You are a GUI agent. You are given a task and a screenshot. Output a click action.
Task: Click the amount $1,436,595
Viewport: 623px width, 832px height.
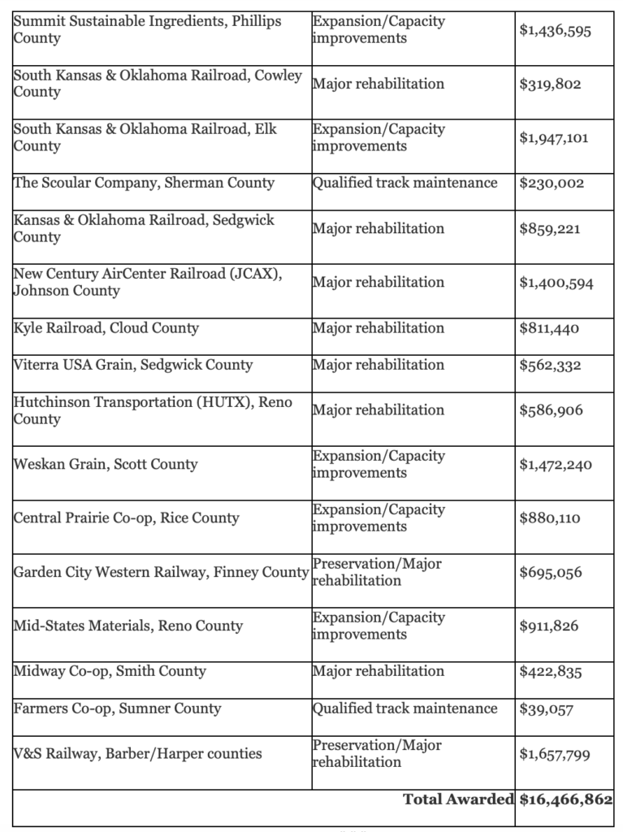point(556,31)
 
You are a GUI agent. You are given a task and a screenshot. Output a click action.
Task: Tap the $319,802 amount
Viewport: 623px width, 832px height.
point(550,84)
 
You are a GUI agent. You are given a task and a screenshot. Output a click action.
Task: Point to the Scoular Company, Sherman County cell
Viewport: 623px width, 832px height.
point(144,183)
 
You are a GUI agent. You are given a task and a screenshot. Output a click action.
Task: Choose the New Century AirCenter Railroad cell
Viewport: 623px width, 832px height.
point(147,283)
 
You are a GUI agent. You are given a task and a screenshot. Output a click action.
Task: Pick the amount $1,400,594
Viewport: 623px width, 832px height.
point(556,284)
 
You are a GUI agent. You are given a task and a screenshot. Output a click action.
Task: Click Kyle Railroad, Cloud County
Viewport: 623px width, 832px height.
point(106,328)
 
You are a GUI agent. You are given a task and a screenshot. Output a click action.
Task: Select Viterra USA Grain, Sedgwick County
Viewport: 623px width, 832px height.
point(132,365)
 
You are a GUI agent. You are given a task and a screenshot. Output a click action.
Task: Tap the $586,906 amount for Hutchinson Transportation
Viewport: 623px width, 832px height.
point(551,411)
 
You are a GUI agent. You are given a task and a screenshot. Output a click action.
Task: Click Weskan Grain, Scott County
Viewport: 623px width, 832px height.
point(105,465)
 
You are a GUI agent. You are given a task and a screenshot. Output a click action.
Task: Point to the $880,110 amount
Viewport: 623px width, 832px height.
point(549,518)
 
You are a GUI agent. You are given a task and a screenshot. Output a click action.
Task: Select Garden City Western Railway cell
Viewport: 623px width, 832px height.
point(161,573)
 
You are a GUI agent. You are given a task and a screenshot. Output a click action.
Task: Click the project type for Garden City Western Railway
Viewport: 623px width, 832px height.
point(377,573)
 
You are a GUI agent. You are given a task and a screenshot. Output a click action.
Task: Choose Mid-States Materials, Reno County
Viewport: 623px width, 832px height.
point(128,626)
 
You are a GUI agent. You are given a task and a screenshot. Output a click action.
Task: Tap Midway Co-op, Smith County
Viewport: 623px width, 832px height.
point(110,671)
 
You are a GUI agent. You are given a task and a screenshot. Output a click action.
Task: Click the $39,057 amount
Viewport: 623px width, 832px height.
point(546,709)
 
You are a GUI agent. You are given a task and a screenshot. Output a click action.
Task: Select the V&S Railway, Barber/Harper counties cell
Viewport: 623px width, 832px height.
point(137,754)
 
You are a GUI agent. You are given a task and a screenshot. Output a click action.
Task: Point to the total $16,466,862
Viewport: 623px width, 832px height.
point(565,799)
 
